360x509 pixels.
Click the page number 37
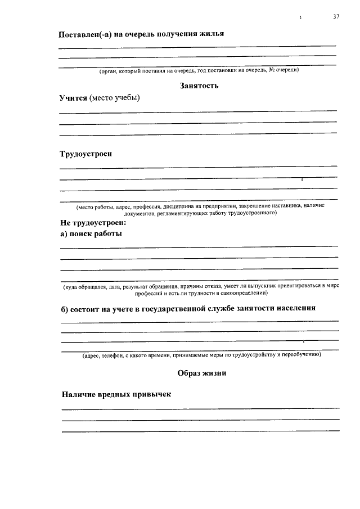pos(336,17)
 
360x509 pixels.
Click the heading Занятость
pos(199,85)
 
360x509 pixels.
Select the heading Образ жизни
pos(201,373)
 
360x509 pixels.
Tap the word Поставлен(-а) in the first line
pos(85,34)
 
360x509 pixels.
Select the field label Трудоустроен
pos(86,154)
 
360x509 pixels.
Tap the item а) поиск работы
pos(91,233)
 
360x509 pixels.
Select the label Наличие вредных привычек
pos(116,394)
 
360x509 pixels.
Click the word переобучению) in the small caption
pos(301,355)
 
